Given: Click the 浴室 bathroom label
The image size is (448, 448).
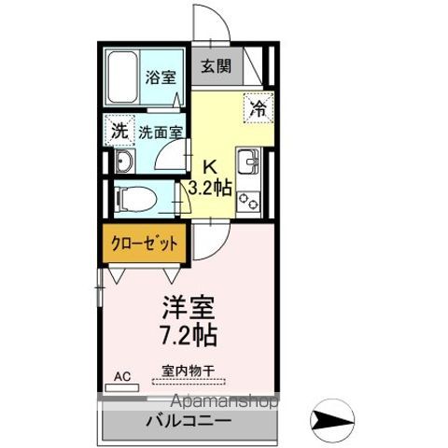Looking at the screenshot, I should tap(161, 78).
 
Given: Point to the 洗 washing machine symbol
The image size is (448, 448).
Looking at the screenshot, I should tap(119, 130).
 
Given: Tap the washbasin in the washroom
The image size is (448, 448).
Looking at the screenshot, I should tap(125, 161).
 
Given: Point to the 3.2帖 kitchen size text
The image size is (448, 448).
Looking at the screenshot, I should tap(211, 188).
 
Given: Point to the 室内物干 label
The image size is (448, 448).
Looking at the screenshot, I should tap(188, 371).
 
